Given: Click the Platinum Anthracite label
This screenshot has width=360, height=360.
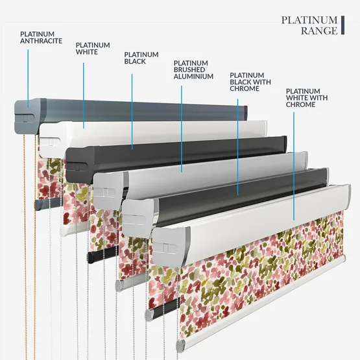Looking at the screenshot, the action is tap(41, 38).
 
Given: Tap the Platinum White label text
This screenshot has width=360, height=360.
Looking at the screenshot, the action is tap(93, 49).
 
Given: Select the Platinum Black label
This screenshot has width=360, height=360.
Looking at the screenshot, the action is tap(141, 58).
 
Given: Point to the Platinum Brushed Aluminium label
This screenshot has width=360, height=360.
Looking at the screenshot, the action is tap(193, 70).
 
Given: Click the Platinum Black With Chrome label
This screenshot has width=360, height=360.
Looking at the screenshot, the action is tap(250, 82).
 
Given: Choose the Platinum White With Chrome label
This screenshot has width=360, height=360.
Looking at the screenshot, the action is tap(307, 98).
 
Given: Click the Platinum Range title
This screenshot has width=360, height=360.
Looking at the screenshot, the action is tap(309, 25).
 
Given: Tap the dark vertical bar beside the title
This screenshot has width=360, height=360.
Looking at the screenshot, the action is tap(342, 25).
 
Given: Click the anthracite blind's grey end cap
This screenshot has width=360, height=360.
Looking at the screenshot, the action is tap(27, 117).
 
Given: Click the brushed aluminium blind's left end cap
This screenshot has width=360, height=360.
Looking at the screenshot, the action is tap(108, 191).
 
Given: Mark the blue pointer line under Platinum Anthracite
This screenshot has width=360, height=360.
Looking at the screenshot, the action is tap(28, 78).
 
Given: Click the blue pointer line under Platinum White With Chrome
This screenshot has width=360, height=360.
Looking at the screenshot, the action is tap(294, 166).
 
